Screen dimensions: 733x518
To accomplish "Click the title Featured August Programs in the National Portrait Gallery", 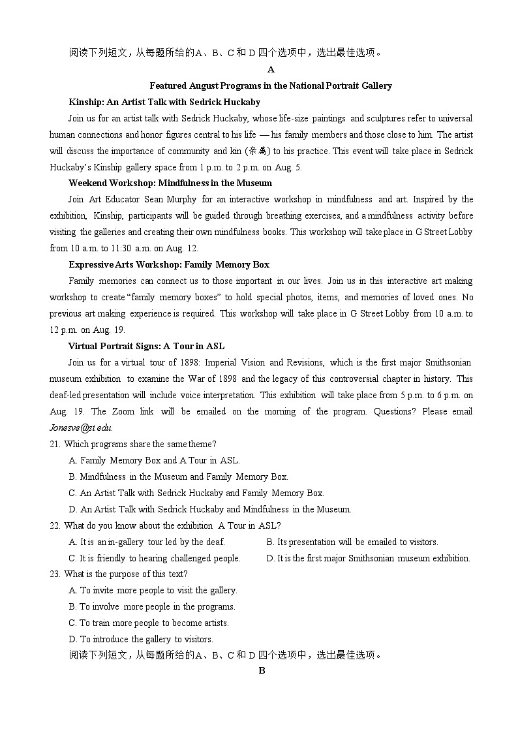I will click(271, 86).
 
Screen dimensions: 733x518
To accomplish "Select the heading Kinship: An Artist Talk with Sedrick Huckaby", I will click(164, 102).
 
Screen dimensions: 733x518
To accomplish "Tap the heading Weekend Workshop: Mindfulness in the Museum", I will click(170, 183).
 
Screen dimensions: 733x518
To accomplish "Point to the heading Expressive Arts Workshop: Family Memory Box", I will click(169, 264).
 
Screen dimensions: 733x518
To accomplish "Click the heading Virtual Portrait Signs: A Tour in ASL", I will click(146, 346).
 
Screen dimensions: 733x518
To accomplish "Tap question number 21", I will click(55, 444).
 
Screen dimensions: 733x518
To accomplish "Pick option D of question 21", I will click(210, 509).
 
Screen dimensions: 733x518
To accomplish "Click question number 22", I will click(55, 525).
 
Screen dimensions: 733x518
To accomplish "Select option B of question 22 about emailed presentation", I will click(352, 542).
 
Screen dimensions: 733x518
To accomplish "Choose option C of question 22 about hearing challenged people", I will click(155, 558).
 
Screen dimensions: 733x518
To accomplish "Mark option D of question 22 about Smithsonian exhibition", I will click(368, 558).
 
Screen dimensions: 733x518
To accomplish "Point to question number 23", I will click(55, 574).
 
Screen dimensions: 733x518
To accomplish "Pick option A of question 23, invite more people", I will click(153, 591).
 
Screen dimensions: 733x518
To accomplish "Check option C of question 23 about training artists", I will click(149, 623).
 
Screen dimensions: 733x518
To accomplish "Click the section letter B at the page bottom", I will click(262, 671).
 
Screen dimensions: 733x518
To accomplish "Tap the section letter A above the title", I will click(271, 69).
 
